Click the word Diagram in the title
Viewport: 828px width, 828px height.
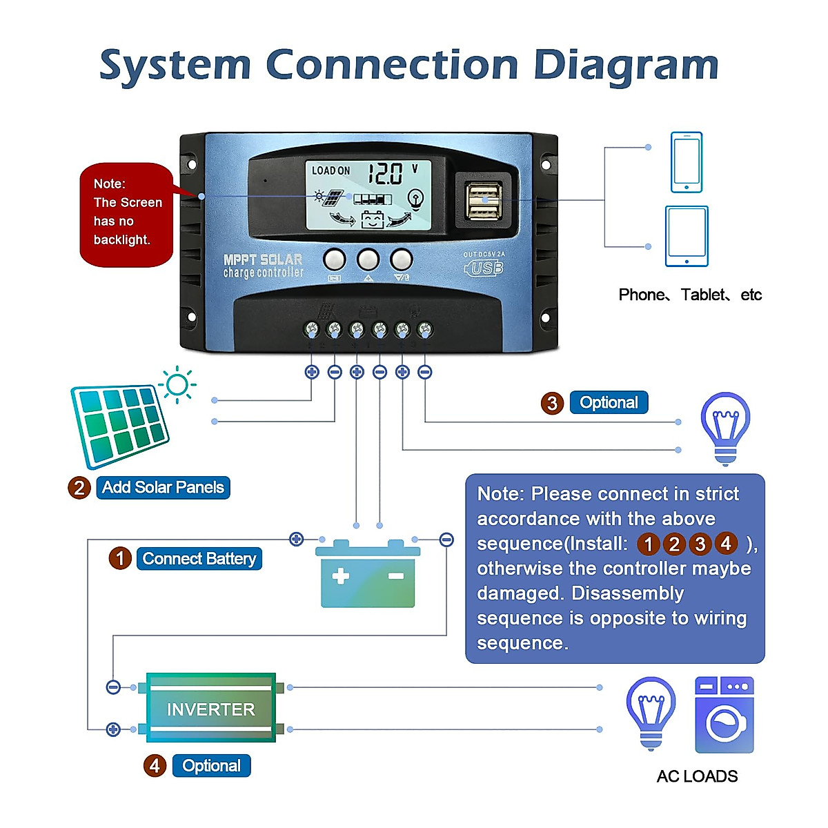click(626, 66)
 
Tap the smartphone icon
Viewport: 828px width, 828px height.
click(687, 162)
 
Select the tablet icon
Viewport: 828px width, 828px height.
click(687, 236)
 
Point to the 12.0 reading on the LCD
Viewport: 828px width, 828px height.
click(385, 173)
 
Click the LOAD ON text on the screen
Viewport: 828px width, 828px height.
click(331, 170)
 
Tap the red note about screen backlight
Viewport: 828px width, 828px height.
click(126, 215)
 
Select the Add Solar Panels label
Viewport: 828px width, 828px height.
click(163, 487)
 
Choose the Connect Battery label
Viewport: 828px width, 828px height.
click(199, 558)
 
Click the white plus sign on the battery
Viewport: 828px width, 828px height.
click(341, 576)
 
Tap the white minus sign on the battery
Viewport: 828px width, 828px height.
click(395, 575)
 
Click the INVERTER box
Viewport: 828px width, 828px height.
click(211, 709)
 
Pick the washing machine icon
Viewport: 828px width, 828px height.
click(724, 715)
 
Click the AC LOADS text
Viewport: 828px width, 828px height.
click(697, 776)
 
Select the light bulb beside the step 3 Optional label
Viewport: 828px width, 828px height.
click(724, 428)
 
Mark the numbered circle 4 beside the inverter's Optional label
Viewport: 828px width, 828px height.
click(155, 765)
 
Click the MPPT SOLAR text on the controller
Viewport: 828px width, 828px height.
click(263, 260)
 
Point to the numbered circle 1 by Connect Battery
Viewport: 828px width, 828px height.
click(120, 558)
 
